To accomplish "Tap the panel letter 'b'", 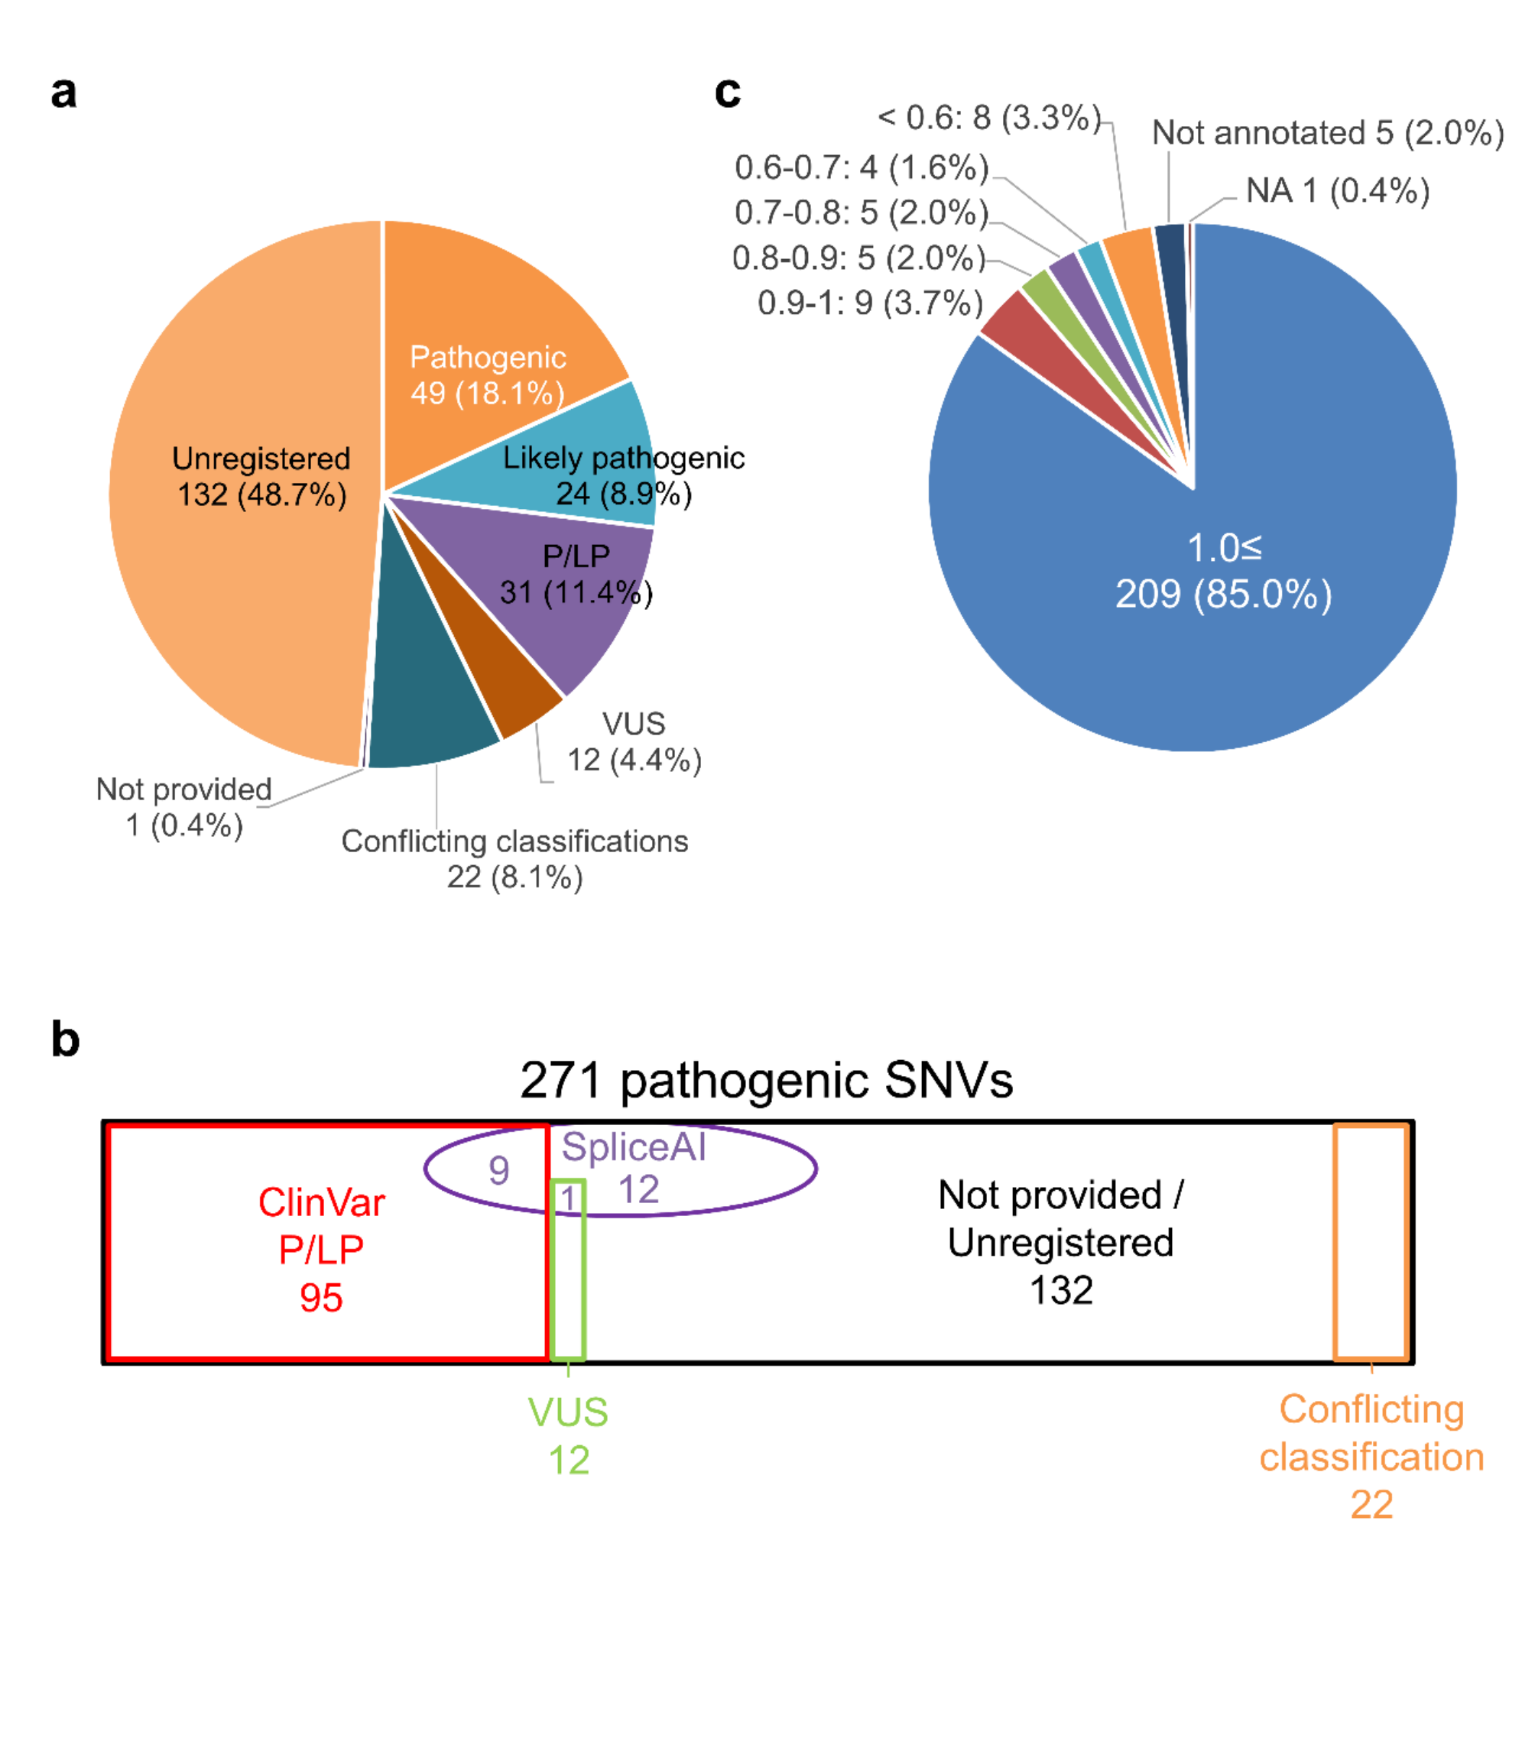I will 66,1039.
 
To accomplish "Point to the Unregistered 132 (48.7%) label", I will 261,476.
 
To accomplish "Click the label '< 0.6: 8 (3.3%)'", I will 989,118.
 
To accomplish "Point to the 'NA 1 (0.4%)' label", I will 1337,191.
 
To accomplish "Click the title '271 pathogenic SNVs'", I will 766,1081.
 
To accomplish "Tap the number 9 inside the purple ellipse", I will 499,1171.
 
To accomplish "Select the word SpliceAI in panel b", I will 634,1147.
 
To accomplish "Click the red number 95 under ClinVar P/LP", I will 320,1299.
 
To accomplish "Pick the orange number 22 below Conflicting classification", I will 1371,1505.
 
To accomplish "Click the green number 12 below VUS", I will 568,1461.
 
